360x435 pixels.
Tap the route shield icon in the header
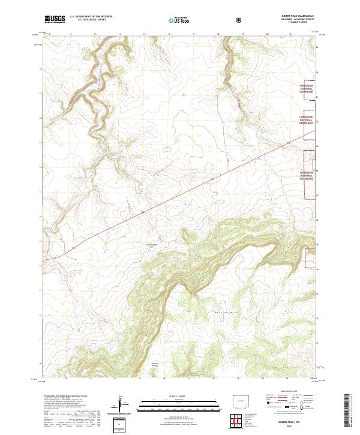[x=241, y=20]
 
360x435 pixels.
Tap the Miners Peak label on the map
[x=151, y=244]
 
